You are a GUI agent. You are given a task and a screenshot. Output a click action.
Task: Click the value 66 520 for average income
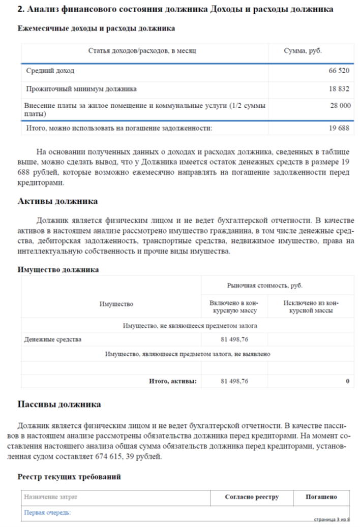(x=339, y=71)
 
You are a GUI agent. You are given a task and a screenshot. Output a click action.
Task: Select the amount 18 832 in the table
(x=339, y=89)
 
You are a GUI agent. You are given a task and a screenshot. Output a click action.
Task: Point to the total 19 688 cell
(x=339, y=128)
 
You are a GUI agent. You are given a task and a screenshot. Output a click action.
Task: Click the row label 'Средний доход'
(x=50, y=71)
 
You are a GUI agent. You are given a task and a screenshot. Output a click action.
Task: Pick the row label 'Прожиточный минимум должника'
(x=81, y=89)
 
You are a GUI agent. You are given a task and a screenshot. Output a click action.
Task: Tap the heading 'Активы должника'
(x=57, y=201)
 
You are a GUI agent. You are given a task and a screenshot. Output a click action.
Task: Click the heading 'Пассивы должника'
(x=59, y=405)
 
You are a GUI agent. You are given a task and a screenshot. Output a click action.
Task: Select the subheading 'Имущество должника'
(x=58, y=269)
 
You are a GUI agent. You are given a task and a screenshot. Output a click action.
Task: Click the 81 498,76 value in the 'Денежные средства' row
(x=234, y=339)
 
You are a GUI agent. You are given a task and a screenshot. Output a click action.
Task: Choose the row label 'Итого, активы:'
(x=172, y=381)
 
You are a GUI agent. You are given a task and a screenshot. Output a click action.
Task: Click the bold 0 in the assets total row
(x=347, y=381)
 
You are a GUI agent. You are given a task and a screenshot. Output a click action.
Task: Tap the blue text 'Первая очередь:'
(x=47, y=513)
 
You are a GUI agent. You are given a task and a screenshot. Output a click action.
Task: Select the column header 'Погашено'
(x=321, y=497)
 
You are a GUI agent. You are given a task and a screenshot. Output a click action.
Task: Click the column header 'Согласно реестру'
(x=252, y=497)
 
